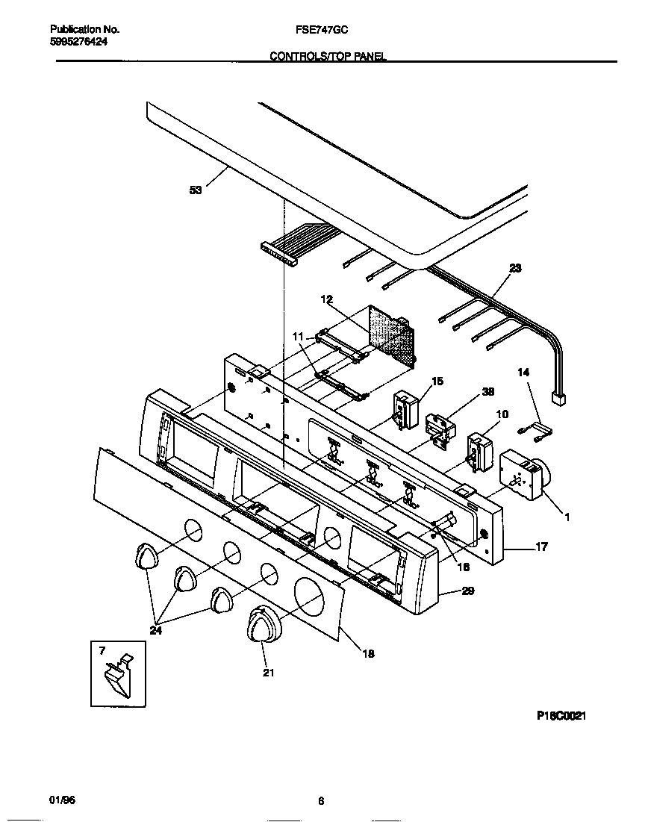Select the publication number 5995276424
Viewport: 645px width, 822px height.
tap(78, 42)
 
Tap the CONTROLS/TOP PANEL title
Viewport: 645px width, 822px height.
tap(328, 57)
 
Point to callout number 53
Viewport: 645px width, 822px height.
tap(196, 190)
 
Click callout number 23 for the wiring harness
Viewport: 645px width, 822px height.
tap(515, 269)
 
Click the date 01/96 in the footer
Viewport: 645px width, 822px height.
tap(62, 800)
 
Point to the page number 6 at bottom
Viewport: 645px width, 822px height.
tap(321, 801)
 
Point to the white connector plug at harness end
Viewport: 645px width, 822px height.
tap(556, 400)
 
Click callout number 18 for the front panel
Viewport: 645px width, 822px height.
tap(368, 653)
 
